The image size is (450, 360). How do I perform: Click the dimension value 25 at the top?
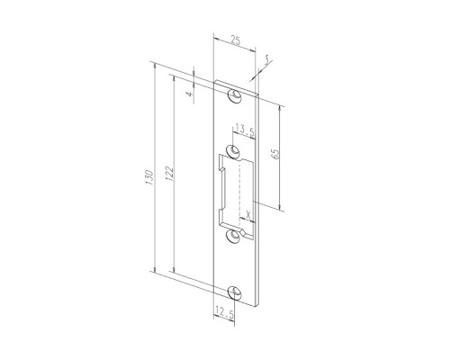[x=236, y=40]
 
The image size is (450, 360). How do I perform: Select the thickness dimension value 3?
[x=266, y=61]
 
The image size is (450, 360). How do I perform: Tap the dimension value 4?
[x=189, y=94]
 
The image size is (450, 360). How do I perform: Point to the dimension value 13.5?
[x=245, y=130]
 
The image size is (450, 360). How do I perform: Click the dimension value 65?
[x=275, y=153]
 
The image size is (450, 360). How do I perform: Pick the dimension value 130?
[x=149, y=177]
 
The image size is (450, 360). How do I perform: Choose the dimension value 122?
[x=169, y=174]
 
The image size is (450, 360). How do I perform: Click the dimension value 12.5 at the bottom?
[x=224, y=313]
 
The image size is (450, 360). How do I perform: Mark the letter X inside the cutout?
[x=247, y=214]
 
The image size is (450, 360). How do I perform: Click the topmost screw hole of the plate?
[x=235, y=95]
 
